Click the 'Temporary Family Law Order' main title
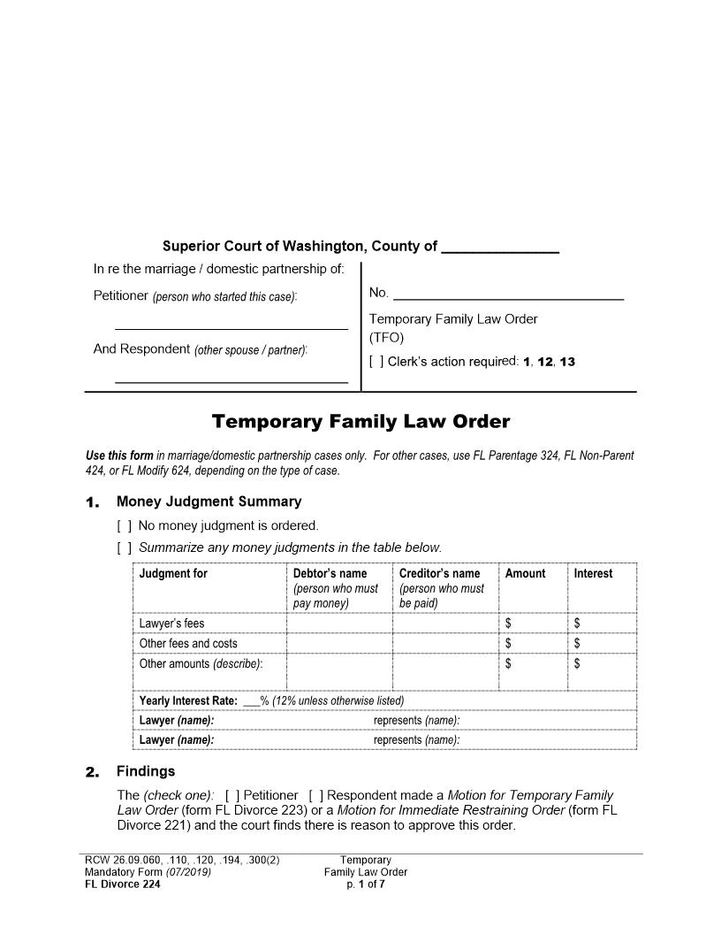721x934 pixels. point(360,422)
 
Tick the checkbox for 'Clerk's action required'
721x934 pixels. point(376,362)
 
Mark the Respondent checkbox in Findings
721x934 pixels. point(316,796)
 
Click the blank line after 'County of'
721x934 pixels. point(499,248)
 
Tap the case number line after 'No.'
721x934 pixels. point(508,295)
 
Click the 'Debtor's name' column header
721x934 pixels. point(330,574)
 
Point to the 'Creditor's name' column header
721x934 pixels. point(439,574)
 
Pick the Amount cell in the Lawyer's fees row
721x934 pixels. point(532,624)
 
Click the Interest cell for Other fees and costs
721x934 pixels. point(601,644)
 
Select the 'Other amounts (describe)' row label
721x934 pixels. point(201,664)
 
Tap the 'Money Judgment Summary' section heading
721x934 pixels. point(209,502)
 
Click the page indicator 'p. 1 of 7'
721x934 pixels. point(366,884)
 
